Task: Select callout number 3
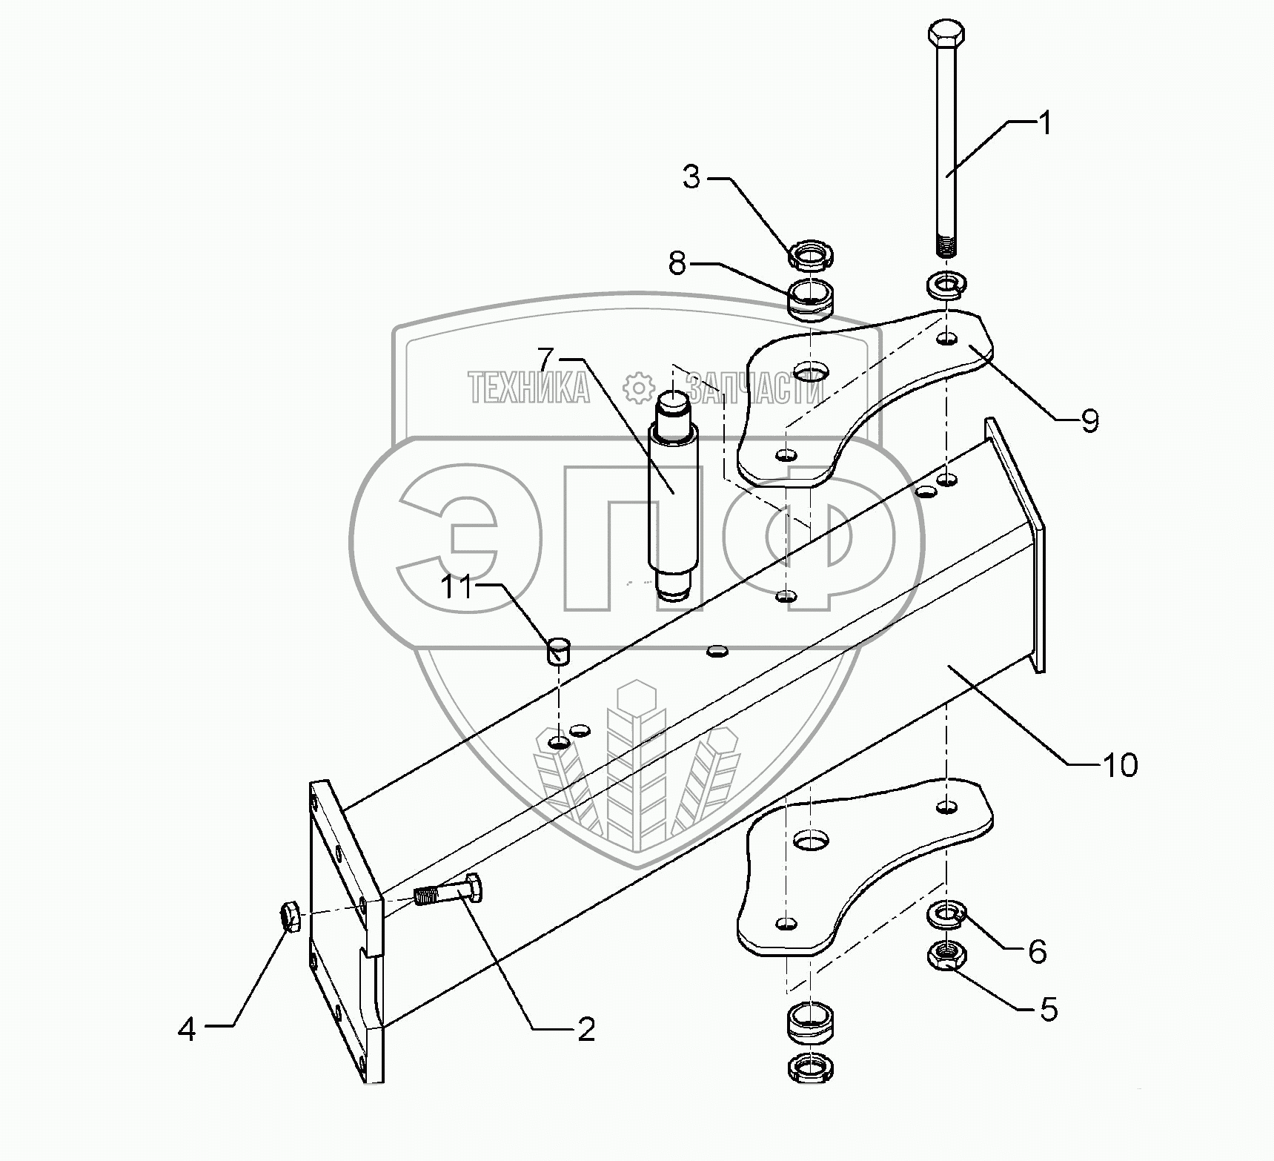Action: click(x=691, y=177)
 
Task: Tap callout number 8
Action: click(x=677, y=263)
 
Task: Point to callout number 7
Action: click(x=546, y=360)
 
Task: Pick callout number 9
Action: click(x=1089, y=420)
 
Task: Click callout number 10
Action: click(x=1121, y=764)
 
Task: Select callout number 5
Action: click(x=1048, y=1009)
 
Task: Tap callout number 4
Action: click(x=187, y=1029)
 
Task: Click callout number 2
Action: click(x=585, y=1029)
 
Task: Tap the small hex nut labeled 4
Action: click(x=291, y=916)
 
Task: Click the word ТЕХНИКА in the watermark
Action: click(x=528, y=387)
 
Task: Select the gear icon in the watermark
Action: click(x=637, y=387)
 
